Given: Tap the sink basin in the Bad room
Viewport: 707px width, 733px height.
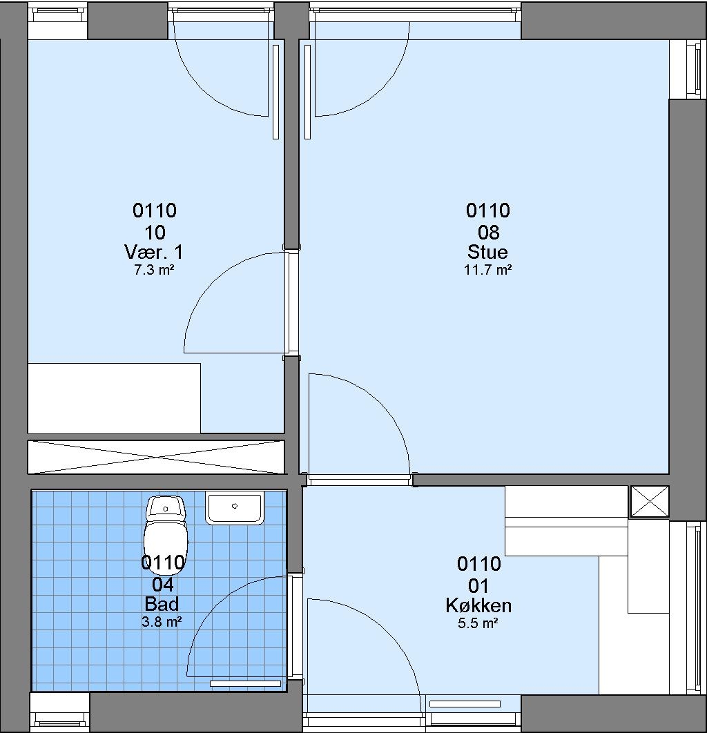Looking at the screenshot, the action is point(234,508).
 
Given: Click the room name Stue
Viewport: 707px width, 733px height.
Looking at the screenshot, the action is point(487,252).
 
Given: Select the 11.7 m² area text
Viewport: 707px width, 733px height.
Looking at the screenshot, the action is point(487,270).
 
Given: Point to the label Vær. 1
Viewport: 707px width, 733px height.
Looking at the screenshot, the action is point(154,252).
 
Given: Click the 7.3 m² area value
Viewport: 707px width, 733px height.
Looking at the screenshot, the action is point(154,270).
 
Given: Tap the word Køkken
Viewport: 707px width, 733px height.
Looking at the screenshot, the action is point(478,605).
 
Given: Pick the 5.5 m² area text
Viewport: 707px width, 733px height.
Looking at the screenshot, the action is point(478,623).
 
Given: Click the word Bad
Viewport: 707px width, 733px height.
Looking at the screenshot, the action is point(162,604).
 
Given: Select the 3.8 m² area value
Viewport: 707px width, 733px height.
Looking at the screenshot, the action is point(162,622).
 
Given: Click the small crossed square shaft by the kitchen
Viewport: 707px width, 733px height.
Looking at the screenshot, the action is point(650,502).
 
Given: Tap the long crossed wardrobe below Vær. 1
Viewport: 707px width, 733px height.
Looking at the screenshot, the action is point(156,457).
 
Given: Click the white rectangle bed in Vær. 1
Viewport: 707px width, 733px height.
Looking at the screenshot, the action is point(114,398).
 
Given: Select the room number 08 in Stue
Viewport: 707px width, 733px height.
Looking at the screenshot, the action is point(488,233).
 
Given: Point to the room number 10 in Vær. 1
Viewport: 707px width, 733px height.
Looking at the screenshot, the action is point(155,233).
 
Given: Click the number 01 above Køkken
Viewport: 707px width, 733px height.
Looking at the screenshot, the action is point(479,586).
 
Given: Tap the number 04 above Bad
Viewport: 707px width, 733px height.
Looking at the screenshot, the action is point(163,585).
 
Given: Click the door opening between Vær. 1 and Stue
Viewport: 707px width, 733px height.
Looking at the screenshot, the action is point(292,302).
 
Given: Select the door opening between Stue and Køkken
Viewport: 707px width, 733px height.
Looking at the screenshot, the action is point(360,480).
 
